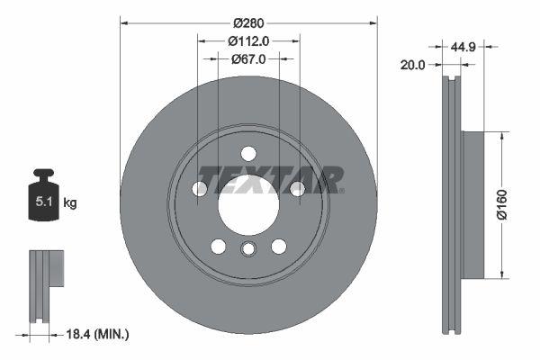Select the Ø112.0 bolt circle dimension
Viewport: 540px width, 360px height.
click(247, 40)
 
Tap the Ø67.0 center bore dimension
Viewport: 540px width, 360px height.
click(247, 59)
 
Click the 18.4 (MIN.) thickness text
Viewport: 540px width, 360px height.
click(99, 334)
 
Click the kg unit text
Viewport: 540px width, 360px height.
click(70, 203)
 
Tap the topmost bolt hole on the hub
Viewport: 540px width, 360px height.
click(248, 152)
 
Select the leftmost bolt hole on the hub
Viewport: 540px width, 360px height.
click(200, 188)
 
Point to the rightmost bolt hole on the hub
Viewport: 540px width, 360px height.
click(296, 188)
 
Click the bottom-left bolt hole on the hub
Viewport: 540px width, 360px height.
click(219, 246)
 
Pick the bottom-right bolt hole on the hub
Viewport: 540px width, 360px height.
click(279, 246)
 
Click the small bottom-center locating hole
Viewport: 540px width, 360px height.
click(248, 251)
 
